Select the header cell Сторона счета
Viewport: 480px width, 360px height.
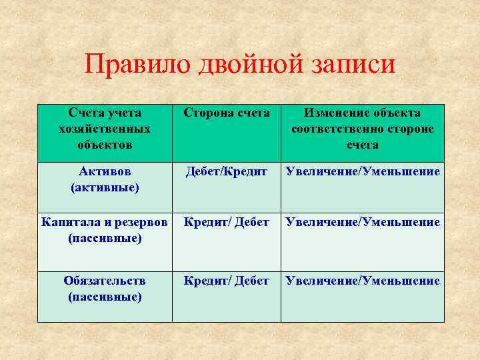click(227, 113)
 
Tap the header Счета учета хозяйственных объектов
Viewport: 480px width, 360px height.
click(105, 129)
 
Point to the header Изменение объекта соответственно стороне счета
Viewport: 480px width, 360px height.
click(362, 129)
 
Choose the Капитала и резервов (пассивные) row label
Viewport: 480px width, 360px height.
click(105, 229)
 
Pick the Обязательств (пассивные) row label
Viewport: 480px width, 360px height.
click(105, 289)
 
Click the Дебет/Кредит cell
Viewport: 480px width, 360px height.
click(227, 173)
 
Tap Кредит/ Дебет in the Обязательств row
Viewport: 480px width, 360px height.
click(227, 281)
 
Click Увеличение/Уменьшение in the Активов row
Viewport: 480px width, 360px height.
click(362, 173)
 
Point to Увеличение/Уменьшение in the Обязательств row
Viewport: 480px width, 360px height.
click(362, 281)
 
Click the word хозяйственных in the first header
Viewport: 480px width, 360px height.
click(105, 129)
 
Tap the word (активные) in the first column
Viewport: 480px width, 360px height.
click(105, 188)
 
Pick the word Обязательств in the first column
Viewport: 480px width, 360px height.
click(105, 281)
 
